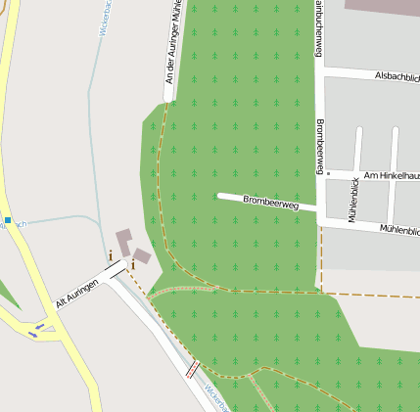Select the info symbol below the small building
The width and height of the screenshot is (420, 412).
(132, 263)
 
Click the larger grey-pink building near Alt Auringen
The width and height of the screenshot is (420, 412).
(124, 242)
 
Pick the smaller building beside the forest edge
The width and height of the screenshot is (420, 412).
(142, 256)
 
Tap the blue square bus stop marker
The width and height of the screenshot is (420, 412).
(7, 220)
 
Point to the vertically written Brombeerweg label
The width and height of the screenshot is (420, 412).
(320, 147)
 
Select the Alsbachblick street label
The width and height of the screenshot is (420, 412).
(397, 75)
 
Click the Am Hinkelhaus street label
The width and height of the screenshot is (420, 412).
(391, 175)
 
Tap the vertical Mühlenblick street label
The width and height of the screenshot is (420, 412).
(352, 205)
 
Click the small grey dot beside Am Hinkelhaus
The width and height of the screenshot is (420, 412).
(329, 174)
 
